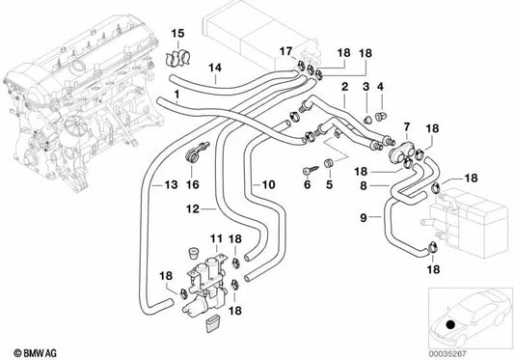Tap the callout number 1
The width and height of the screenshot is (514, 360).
pyautogui.click(x=176, y=95)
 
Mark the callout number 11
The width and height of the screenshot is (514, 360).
pyautogui.click(x=217, y=238)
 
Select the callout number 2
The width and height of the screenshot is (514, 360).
pyautogui.click(x=344, y=87)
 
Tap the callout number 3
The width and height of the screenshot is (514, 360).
pyautogui.click(x=367, y=88)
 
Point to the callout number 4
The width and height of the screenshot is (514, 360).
pyautogui.click(x=384, y=88)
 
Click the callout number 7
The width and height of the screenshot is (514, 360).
pyautogui.click(x=406, y=127)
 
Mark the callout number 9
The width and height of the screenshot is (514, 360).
pyautogui.click(x=364, y=219)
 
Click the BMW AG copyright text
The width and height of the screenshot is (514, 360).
pyautogui.click(x=26, y=348)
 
